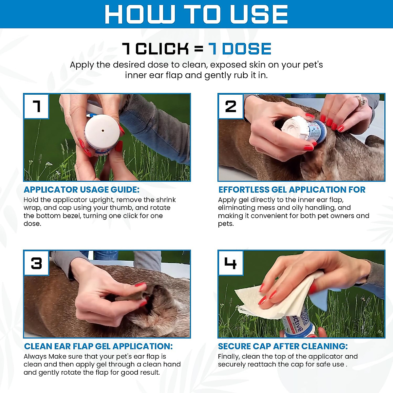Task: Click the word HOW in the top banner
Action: pos(140,14)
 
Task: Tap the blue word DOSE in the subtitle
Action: pos(247,49)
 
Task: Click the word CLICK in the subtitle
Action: pos(162,49)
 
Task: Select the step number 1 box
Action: pos(36,106)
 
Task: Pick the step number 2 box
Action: pos(231,106)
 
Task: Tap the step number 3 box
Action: pos(36,263)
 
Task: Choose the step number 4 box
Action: pos(231,263)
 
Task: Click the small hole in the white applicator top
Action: pos(103,131)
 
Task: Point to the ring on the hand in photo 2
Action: pos(361,101)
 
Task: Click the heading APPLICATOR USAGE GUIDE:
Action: pos(82,190)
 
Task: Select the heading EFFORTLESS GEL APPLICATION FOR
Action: pos(292,190)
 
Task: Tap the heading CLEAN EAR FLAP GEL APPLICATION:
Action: pos(98,346)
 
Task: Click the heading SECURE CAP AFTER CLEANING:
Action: pos(283,346)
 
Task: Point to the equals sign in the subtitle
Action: pos(199,49)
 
